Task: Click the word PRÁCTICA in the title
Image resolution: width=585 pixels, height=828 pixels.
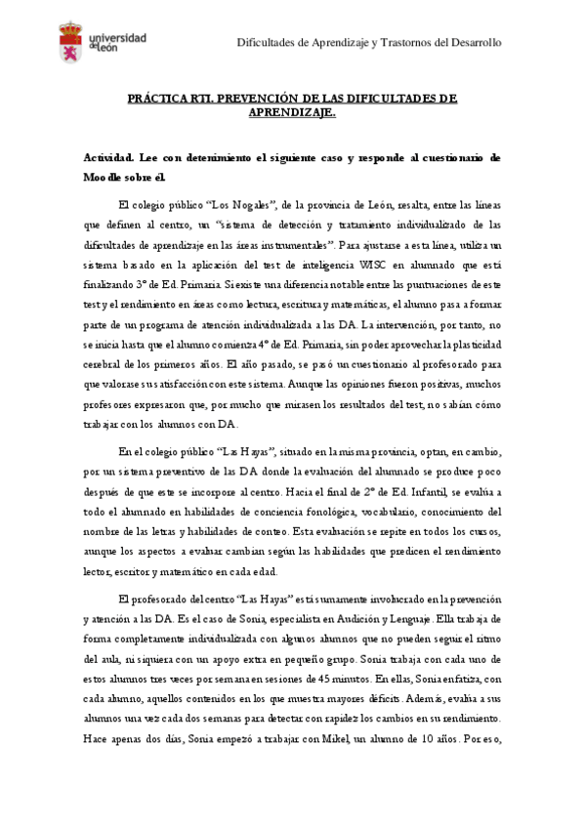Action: click(x=158, y=99)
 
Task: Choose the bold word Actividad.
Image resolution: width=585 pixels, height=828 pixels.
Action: click(x=107, y=157)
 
